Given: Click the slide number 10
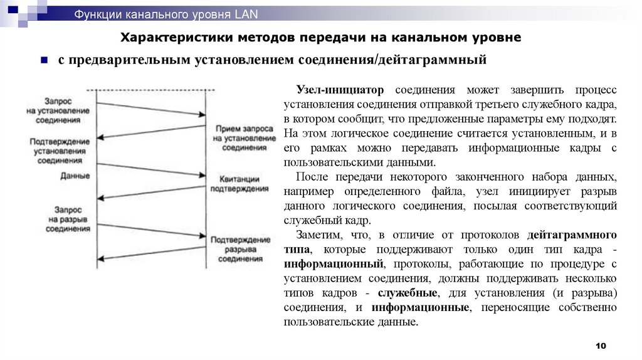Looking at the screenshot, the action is point(601,347).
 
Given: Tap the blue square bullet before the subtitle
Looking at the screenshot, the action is point(45,61).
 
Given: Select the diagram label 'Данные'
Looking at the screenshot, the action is point(75,176).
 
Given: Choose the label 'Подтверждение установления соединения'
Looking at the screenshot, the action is point(61,151).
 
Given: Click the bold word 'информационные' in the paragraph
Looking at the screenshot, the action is point(421,307).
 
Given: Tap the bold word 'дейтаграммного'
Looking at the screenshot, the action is point(572,235).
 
